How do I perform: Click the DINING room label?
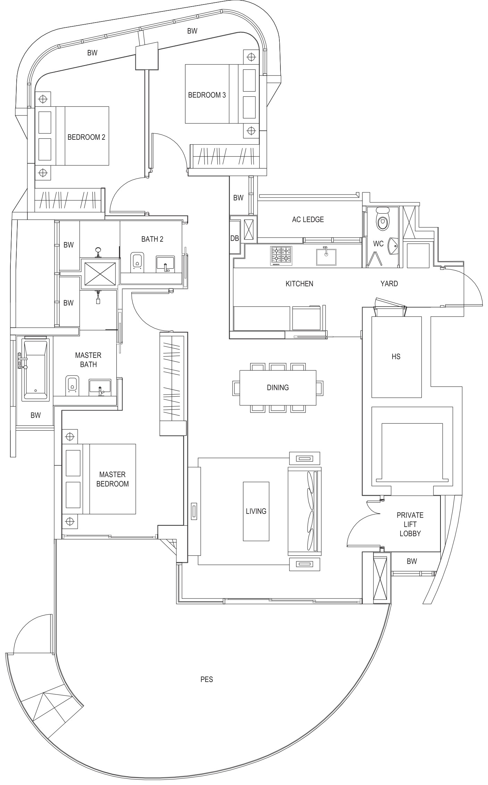point(278,387)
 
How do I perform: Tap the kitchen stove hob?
point(281,256)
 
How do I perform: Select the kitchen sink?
point(326,257)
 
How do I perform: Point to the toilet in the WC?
point(383,219)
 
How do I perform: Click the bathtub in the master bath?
point(35,370)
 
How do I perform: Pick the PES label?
point(207,679)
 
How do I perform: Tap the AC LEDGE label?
point(308,219)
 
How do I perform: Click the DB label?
point(235,238)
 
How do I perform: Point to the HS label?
point(396,356)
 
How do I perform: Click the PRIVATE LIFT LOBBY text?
point(410,524)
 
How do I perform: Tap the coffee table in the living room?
point(256,511)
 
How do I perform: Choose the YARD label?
point(389,284)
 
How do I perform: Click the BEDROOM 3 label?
point(207,95)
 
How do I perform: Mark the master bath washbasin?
point(100,388)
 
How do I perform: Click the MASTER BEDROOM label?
point(112,479)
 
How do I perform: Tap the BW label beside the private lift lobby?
point(412,561)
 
